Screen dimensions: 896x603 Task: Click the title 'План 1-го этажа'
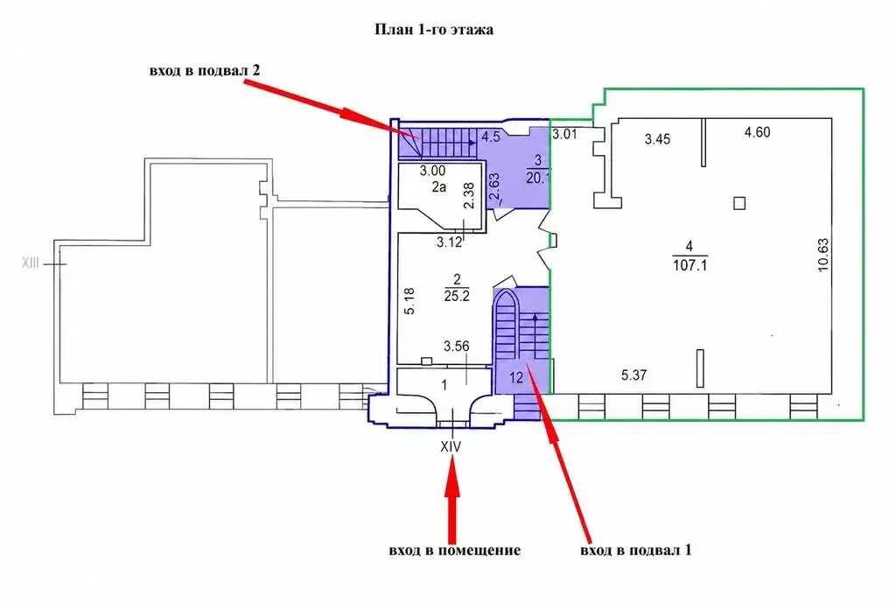[x=434, y=30]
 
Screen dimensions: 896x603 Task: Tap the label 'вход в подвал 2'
[x=205, y=71]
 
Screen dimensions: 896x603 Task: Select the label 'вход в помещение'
[x=455, y=550]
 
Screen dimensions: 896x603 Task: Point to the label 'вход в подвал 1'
[x=635, y=550]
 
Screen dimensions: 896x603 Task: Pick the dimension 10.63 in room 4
[x=822, y=255]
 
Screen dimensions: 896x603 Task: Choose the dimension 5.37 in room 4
[x=633, y=375]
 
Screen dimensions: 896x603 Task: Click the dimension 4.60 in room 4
[x=757, y=132]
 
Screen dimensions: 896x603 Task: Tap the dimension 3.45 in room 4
[x=657, y=139]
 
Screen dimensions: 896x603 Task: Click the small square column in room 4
[x=739, y=203]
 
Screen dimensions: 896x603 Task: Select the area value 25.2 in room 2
[x=457, y=296]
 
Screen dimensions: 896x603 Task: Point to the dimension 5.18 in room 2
[x=409, y=301]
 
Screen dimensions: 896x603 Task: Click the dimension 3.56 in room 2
[x=457, y=346]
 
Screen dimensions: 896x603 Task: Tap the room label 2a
[x=439, y=186]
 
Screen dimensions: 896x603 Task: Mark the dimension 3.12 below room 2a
[x=449, y=242]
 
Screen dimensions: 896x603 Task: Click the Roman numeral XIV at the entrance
[x=451, y=446]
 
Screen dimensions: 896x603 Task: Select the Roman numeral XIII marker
[x=31, y=263]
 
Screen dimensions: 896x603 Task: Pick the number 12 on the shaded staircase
[x=516, y=378]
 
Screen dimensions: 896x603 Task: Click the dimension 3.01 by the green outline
[x=564, y=135]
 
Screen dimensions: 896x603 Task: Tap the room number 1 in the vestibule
[x=444, y=386]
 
